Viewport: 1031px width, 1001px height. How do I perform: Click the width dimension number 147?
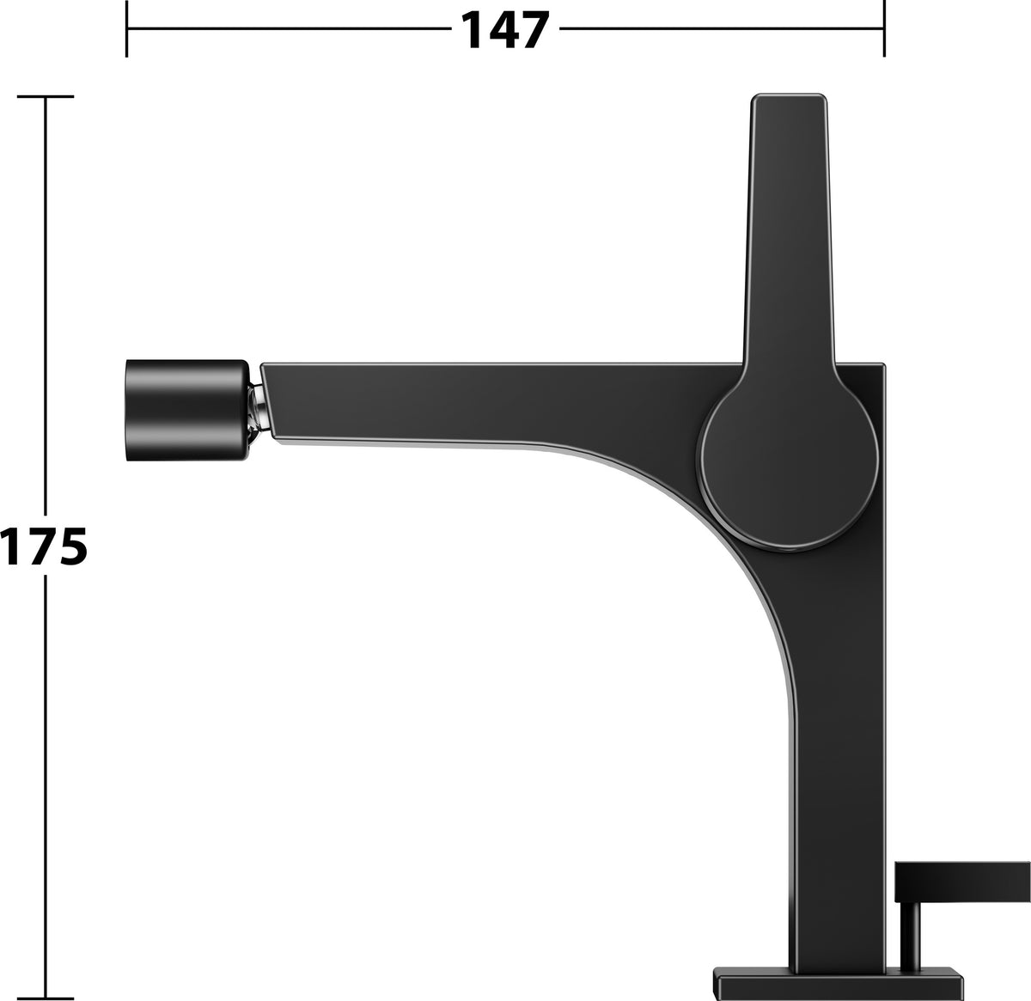click(505, 30)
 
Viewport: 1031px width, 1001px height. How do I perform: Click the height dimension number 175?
click(44, 546)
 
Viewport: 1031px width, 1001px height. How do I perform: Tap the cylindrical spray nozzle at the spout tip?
click(187, 410)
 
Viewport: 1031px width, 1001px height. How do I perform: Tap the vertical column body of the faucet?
click(837, 742)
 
